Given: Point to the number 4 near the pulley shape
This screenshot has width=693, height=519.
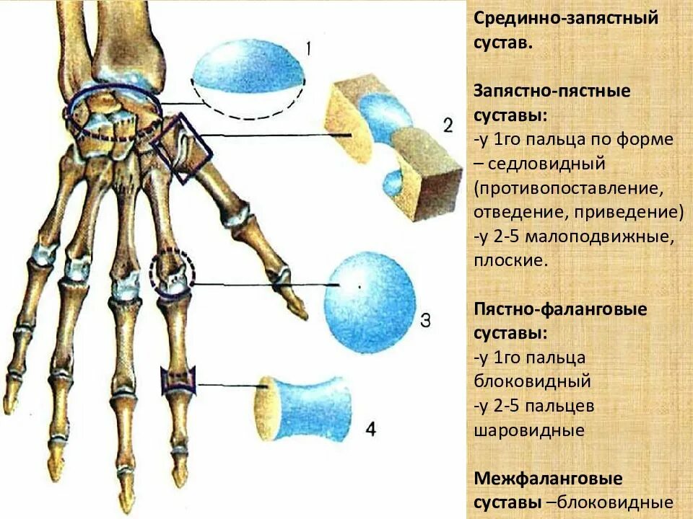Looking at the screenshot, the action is (370, 430).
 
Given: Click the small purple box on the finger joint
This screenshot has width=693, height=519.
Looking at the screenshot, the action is (178, 379).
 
